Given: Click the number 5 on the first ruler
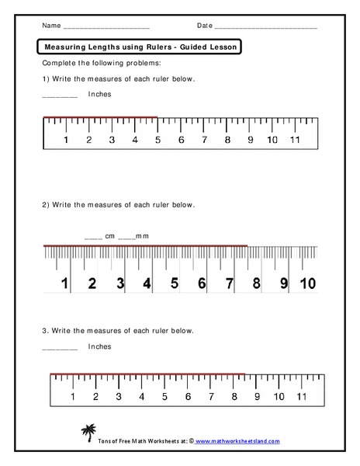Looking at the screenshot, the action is click(x=158, y=141).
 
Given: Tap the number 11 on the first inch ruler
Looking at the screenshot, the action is click(x=295, y=141).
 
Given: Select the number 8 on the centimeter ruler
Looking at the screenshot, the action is click(x=256, y=283).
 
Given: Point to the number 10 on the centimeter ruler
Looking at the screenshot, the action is click(x=307, y=283).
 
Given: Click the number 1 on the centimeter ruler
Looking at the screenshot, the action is click(x=65, y=283).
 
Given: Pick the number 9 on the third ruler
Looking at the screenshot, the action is click(x=257, y=396).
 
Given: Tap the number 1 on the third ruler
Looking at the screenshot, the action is click(x=73, y=396).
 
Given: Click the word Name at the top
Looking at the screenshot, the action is click(x=51, y=26).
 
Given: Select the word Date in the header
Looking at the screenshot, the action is click(x=205, y=26).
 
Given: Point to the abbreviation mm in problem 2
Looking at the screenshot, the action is click(x=143, y=236).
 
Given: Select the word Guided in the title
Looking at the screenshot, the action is click(x=194, y=46).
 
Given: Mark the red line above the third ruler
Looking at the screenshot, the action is click(x=147, y=374).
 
